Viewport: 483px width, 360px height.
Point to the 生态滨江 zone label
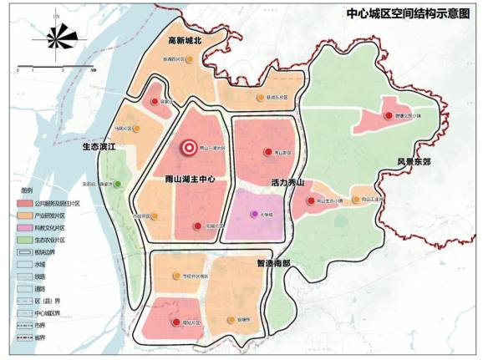[x=98, y=146]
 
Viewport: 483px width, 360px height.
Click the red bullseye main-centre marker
[x=190, y=148]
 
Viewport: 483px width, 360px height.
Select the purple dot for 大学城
[x=254, y=215]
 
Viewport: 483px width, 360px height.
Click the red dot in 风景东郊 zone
[x=388, y=116]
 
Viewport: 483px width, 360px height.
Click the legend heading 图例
[x=26, y=190]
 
